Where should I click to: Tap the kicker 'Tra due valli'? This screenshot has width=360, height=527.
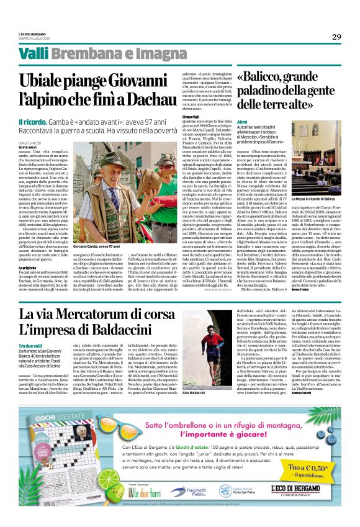[x=30, y=345]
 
